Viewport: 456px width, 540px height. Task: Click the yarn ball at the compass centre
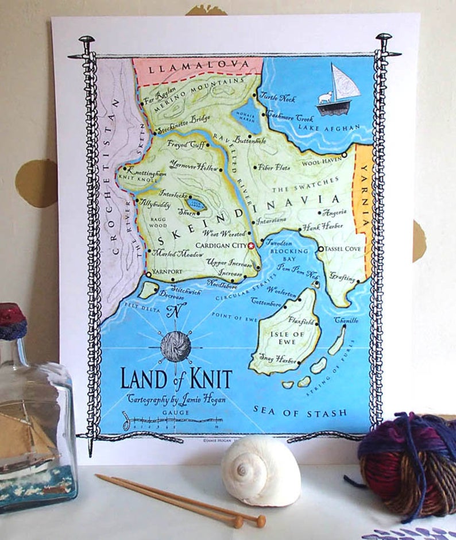point(175,347)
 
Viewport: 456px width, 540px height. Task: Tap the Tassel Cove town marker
point(321,249)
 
